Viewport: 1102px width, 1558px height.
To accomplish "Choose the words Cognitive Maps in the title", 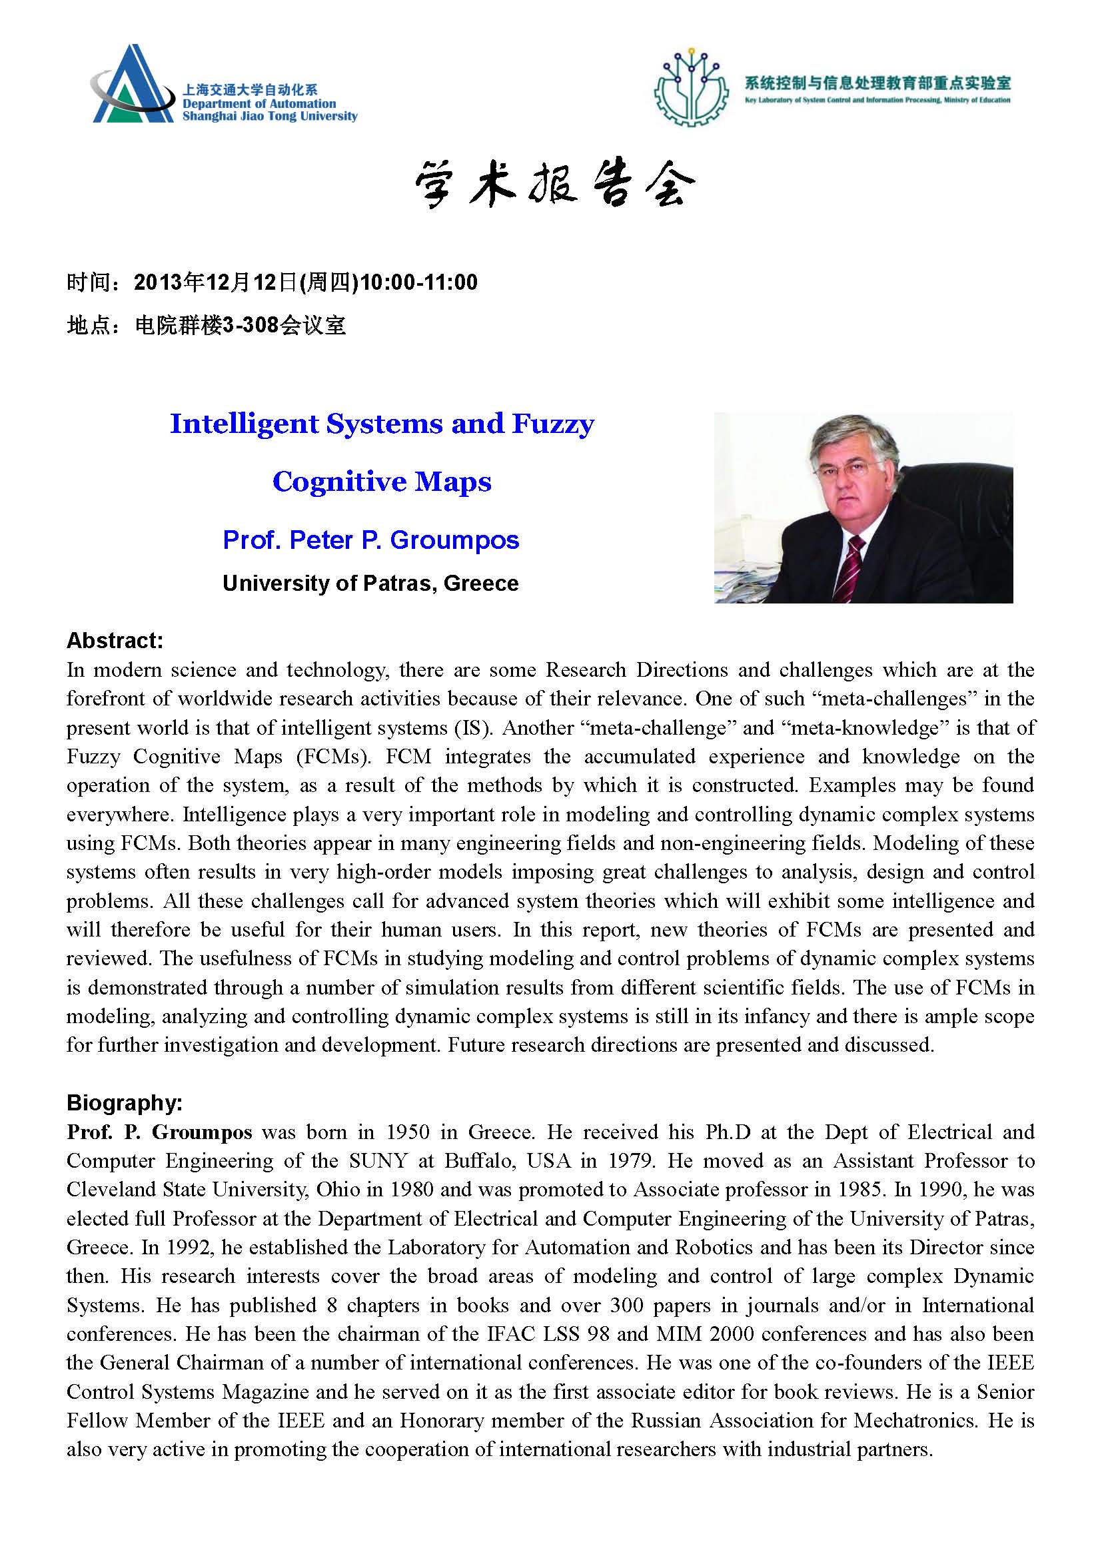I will click(382, 482).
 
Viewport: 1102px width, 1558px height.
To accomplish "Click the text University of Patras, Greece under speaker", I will click(370, 583).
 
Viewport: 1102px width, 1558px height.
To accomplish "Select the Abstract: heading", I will click(115, 640).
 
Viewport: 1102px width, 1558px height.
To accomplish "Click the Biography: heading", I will click(125, 1102).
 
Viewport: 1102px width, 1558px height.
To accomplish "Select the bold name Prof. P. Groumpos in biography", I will click(159, 1132).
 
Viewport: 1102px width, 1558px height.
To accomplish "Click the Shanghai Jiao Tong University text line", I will click(270, 116).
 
